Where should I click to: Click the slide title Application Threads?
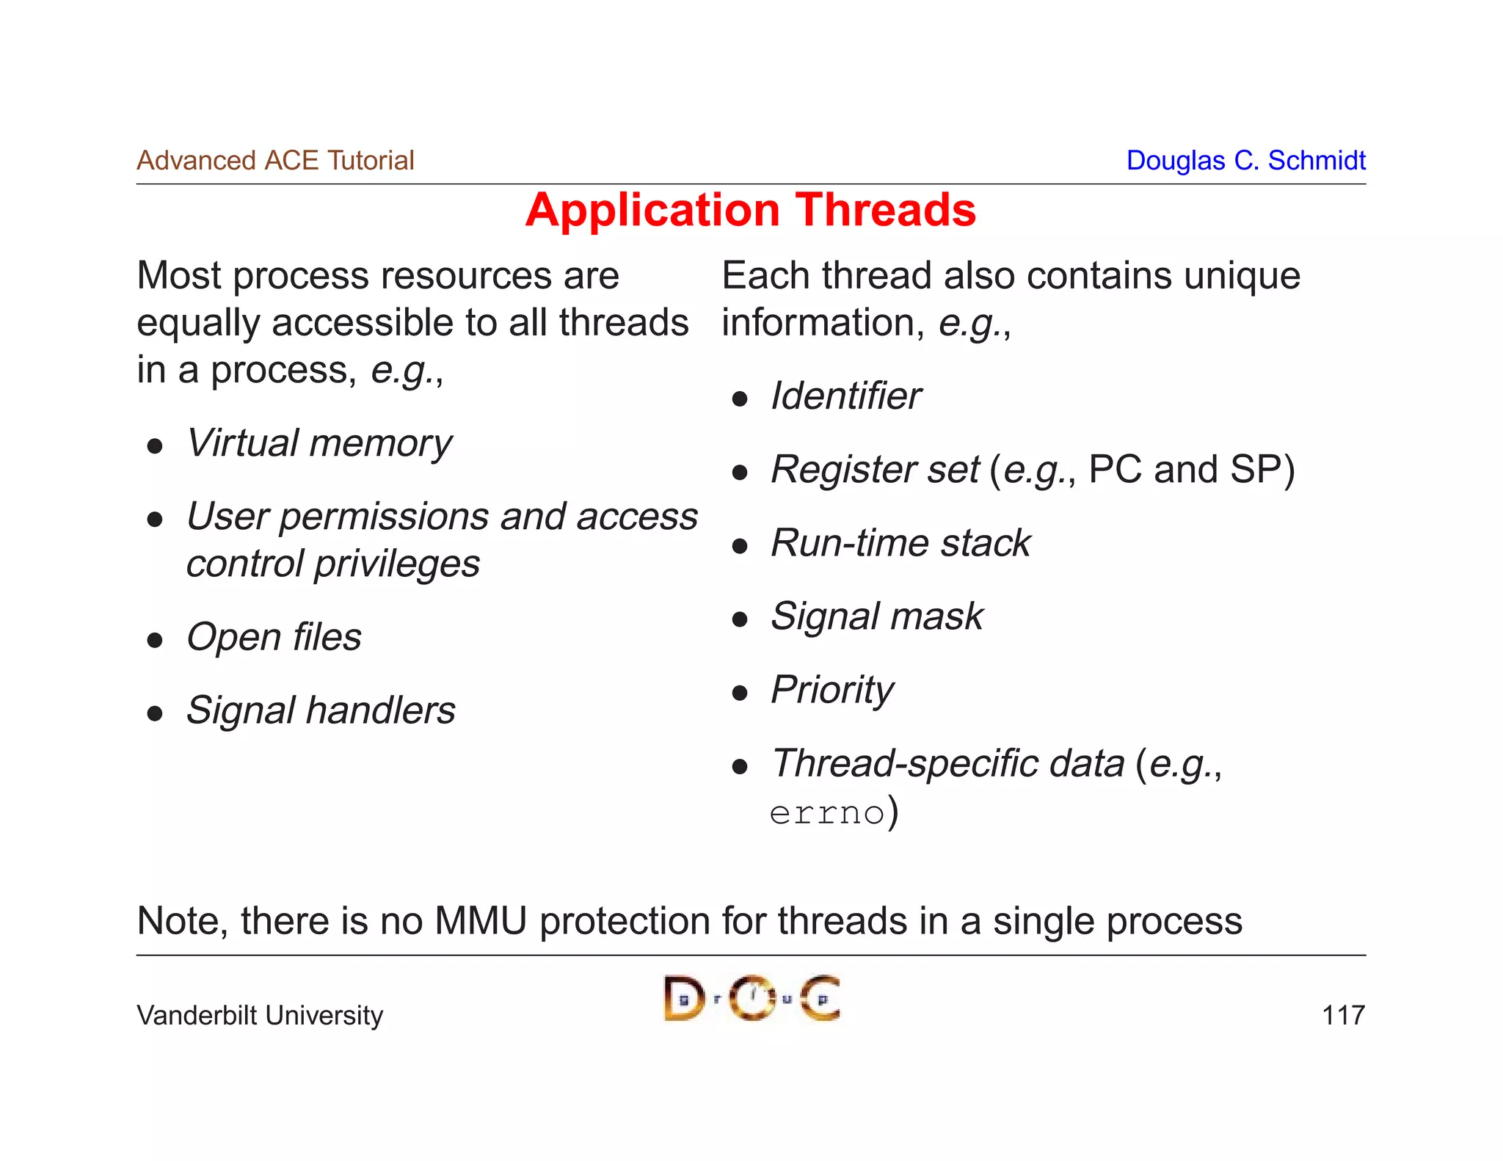click(751, 211)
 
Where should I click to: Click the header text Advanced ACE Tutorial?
click(275, 160)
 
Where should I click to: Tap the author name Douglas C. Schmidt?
click(1245, 160)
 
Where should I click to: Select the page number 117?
click(1342, 1015)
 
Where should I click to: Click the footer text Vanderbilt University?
click(260, 1015)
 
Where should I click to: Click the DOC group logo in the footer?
click(751, 998)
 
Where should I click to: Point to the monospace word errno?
click(827, 813)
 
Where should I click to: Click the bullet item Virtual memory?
click(319, 444)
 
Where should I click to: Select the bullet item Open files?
click(274, 637)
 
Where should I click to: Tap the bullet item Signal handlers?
click(321, 710)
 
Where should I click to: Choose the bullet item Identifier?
click(845, 396)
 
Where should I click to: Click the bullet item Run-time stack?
click(900, 543)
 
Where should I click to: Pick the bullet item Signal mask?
click(877, 616)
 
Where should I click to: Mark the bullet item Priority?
click(832, 691)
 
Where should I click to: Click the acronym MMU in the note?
click(481, 920)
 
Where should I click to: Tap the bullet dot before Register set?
click(740, 472)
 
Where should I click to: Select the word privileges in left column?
click(397, 564)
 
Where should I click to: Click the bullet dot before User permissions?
click(154, 520)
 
